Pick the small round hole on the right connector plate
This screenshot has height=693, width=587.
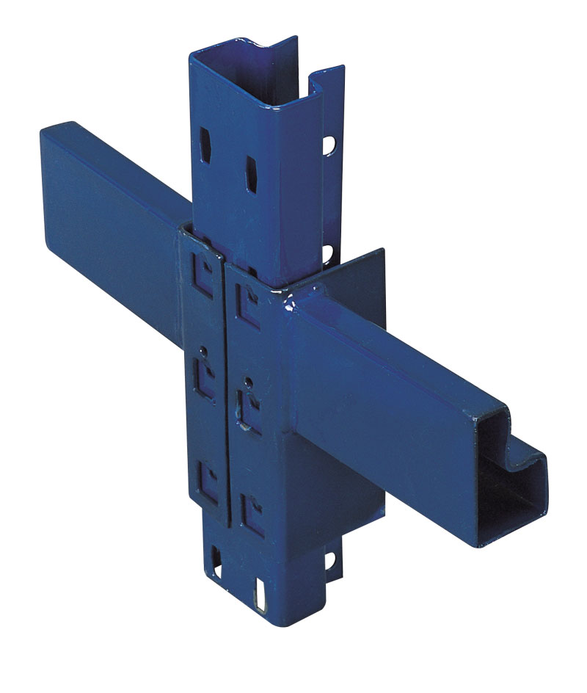(249, 382)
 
